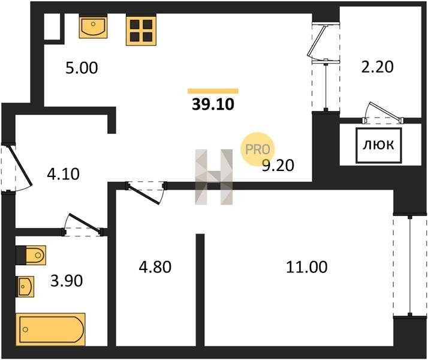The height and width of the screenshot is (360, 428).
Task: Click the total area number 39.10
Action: tap(213, 104)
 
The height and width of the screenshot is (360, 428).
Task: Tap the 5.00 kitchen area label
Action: tap(82, 68)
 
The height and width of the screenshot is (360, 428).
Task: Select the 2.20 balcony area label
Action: tap(377, 67)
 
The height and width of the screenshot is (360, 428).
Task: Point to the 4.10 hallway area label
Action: tap(64, 174)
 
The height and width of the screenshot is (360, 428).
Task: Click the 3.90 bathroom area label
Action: tap(67, 281)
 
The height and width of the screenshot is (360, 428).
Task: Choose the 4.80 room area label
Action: tap(155, 267)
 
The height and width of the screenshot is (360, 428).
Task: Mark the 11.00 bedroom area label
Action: tap(307, 267)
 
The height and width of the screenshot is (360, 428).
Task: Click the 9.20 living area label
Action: tap(278, 165)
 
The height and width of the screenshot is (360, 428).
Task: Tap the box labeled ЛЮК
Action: tap(379, 145)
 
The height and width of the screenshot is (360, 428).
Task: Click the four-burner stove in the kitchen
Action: tap(141, 30)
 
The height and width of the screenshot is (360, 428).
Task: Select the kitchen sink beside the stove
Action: tap(93, 26)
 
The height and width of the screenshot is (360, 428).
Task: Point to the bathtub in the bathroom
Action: tap(50, 329)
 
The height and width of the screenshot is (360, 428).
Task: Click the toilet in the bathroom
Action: tap(31, 255)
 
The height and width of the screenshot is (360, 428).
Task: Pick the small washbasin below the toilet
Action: tap(25, 287)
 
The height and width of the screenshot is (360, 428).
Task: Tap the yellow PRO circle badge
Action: tap(257, 149)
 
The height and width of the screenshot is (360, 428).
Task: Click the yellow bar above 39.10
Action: tap(213, 91)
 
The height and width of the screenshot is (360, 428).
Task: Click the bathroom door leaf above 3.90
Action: tap(83, 223)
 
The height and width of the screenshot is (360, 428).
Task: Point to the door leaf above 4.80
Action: tap(143, 195)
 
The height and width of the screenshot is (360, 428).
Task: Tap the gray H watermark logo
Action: tap(214, 177)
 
